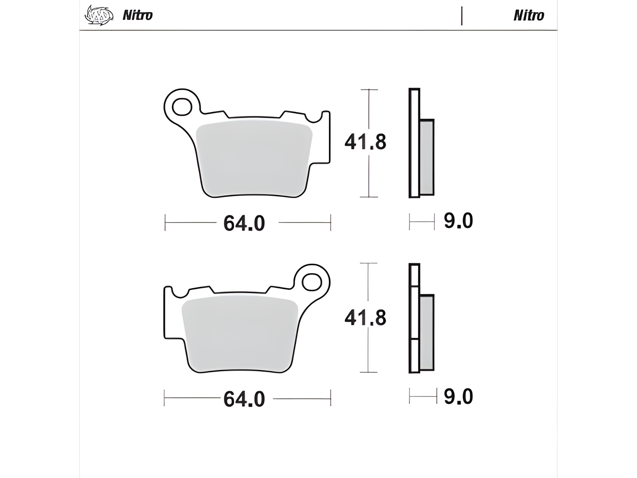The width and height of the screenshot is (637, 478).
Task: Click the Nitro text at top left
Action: (137, 15)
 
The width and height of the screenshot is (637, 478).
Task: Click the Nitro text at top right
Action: (528, 15)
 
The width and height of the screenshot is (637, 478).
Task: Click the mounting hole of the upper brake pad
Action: (181, 106)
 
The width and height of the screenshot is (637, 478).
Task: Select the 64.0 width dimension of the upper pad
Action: (244, 223)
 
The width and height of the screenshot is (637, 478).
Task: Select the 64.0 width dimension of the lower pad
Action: (244, 399)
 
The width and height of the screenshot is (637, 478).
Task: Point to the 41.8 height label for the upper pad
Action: (365, 142)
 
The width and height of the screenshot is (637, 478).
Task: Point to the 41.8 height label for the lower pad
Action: (365, 317)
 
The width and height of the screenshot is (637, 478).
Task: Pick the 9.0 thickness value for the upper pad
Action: (458, 220)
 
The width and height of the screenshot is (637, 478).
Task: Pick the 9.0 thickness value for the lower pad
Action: (458, 396)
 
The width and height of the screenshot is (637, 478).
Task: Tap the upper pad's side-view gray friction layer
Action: (427, 157)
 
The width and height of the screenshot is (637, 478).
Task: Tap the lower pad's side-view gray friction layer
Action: (427, 333)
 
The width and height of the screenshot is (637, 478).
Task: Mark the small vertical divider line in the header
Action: (462, 16)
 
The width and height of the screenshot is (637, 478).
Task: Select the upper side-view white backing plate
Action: (414, 143)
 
